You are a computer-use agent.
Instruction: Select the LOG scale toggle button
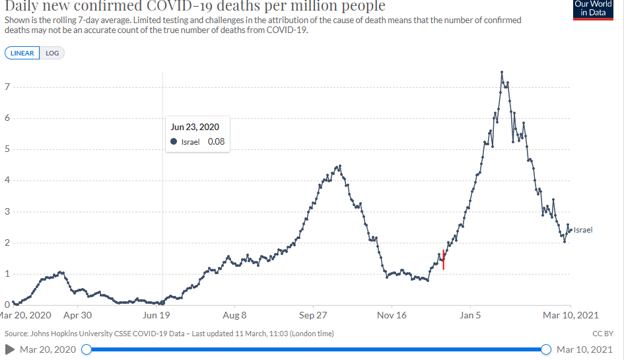click(52, 54)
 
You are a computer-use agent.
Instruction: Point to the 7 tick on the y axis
click(7, 87)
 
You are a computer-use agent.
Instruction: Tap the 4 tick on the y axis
click(7, 180)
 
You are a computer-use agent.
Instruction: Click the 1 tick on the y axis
click(7, 274)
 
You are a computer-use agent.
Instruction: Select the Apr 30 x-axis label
click(77, 316)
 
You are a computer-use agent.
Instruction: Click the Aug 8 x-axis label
click(234, 316)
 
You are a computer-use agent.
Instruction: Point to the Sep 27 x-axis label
click(313, 316)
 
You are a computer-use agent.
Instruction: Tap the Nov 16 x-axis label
click(392, 316)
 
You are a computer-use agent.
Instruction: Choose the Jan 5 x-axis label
click(470, 316)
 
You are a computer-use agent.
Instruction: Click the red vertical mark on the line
click(444, 259)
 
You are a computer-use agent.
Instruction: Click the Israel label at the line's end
click(583, 230)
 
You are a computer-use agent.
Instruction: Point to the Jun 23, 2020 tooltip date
click(195, 127)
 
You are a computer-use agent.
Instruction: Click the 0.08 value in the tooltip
click(216, 141)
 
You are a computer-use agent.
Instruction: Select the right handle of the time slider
click(545, 349)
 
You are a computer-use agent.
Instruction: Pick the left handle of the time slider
click(86, 349)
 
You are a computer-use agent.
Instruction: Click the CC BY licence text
click(604, 334)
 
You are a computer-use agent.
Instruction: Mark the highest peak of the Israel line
click(503, 71)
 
